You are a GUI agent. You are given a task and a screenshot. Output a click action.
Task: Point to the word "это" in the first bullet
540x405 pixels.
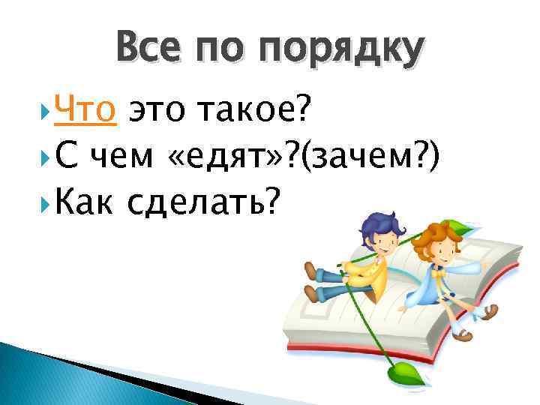(156, 112)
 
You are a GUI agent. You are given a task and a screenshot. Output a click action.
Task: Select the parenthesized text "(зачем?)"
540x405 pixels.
(370, 157)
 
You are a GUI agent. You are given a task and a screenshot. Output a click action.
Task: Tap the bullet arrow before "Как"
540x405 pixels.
(48, 201)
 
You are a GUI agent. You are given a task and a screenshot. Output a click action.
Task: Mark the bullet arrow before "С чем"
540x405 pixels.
(48, 157)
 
